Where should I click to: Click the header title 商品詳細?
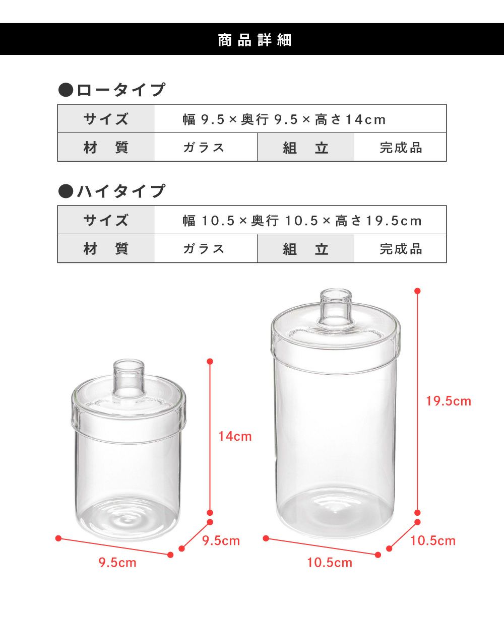tap(255, 40)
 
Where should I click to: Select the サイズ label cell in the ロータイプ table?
tap(106, 119)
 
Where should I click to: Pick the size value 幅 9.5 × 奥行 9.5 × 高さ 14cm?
tap(284, 119)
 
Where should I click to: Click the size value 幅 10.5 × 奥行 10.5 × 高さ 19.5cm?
tap(302, 221)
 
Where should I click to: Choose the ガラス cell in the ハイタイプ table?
tap(204, 249)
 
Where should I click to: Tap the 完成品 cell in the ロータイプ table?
tap(401, 148)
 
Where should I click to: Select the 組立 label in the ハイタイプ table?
tap(306, 249)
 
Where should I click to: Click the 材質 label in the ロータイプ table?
tap(106, 148)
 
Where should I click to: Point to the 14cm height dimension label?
tap(235, 436)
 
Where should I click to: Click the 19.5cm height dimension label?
tap(448, 401)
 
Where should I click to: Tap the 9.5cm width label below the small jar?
tap(117, 563)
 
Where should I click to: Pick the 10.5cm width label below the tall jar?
tap(330, 563)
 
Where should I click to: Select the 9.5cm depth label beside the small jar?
tap(221, 540)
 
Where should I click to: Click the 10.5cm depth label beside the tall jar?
tap(433, 540)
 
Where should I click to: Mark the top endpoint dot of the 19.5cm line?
tap(417, 291)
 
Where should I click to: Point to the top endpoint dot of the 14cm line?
tap(210, 361)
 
